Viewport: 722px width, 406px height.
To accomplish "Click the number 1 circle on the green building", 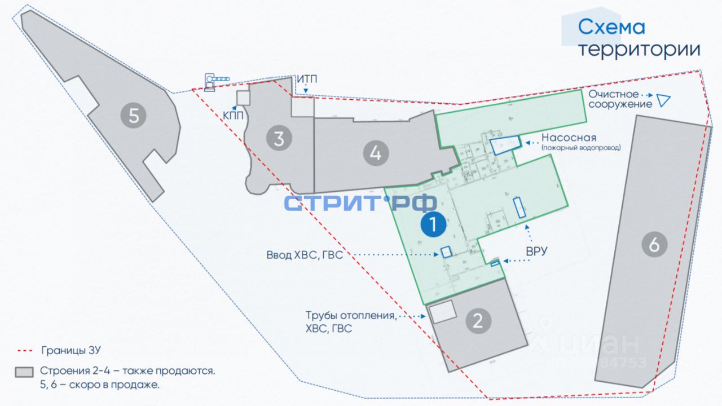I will tap(433, 224).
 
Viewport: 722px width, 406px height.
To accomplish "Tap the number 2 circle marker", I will tap(478, 321).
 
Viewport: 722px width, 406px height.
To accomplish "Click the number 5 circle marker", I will tap(134, 116).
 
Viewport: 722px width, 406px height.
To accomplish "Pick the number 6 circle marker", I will tap(654, 245).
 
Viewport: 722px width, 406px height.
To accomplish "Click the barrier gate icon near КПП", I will tap(217, 81).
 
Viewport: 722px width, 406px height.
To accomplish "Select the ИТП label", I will tap(307, 80).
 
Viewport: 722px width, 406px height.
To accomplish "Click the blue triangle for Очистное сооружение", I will tap(663, 101).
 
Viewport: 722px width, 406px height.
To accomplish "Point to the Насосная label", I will tap(569, 138).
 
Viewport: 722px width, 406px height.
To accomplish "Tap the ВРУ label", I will tap(536, 251).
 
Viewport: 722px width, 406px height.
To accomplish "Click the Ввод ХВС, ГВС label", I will tap(305, 255).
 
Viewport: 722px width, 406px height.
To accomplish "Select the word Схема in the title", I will tap(611, 27).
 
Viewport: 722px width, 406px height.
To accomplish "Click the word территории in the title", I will tap(640, 50).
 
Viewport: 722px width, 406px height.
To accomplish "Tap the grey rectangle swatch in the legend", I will tap(24, 372).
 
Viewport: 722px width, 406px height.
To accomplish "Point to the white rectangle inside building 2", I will tap(442, 311).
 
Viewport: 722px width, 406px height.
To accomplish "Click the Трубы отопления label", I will tap(350, 316).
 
